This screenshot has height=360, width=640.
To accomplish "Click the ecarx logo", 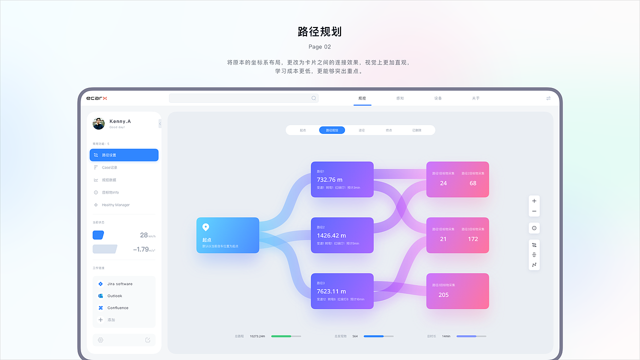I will (x=96, y=98).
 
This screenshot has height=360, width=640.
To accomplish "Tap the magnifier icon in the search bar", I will (x=313, y=98).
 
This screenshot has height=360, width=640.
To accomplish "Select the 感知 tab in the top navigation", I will (x=400, y=98).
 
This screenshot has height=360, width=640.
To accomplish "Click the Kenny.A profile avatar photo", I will (x=98, y=123).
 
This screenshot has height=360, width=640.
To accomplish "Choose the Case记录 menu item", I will (x=109, y=167).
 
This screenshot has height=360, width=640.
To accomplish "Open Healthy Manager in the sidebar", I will (x=115, y=205).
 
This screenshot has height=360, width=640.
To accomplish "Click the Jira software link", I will (x=119, y=284).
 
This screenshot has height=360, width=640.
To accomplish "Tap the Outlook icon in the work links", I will (x=100, y=296).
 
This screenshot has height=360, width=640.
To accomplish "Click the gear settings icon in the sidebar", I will (x=100, y=340).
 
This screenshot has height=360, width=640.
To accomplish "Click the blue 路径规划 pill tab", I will (x=332, y=130).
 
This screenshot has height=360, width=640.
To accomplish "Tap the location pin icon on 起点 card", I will (x=205, y=227).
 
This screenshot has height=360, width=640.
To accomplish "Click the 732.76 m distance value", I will (x=329, y=180).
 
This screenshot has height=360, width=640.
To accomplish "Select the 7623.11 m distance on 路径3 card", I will (x=331, y=291).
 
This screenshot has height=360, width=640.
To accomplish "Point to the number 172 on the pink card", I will (x=473, y=239).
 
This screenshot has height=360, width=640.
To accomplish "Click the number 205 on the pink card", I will (x=443, y=295).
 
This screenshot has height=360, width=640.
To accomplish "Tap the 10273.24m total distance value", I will (x=257, y=336).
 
